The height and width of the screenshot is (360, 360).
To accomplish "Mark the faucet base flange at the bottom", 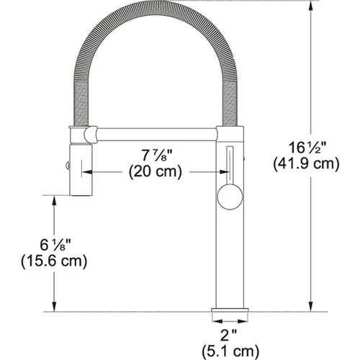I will [230, 315].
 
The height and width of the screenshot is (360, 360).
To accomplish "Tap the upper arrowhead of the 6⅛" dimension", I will [54, 199].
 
